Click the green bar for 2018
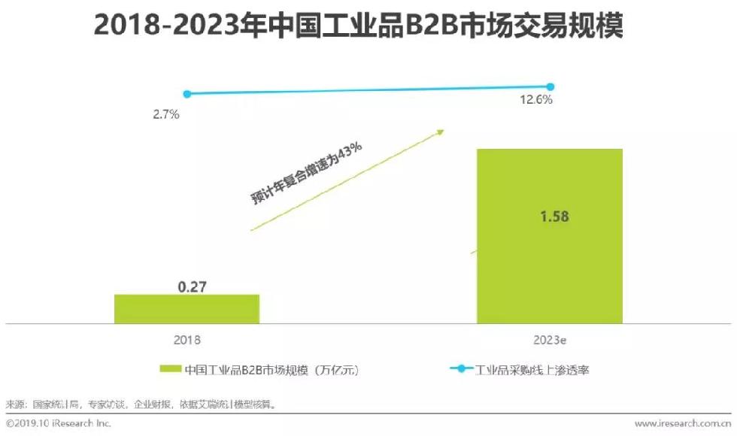(x=187, y=308)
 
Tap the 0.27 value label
(x=192, y=286)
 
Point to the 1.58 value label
(x=554, y=216)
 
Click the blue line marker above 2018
(x=187, y=94)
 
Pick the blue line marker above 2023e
(x=550, y=87)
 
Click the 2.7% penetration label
(x=165, y=115)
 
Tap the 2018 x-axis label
(x=187, y=340)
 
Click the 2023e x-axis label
(x=550, y=340)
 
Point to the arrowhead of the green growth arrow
(x=440, y=132)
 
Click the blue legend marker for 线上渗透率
(x=461, y=369)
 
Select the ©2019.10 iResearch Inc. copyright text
(x=59, y=424)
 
